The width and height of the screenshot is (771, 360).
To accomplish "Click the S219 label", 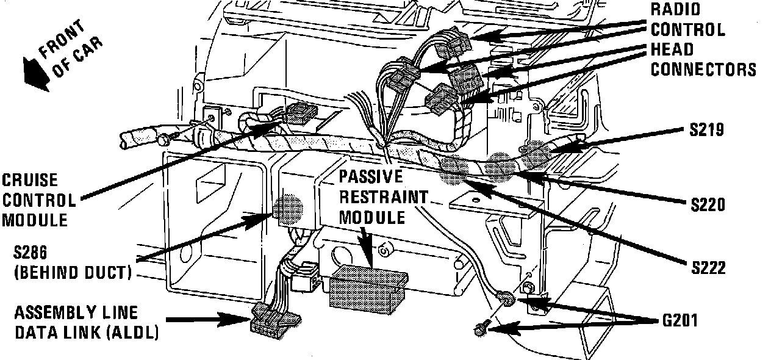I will [707, 130].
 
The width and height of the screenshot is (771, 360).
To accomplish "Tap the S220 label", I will [708, 204].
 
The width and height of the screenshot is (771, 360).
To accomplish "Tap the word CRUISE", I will [29, 181].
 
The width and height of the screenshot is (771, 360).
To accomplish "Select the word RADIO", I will [676, 10].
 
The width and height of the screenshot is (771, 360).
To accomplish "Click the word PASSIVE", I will [371, 177].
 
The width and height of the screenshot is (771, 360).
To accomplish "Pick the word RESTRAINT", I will [382, 197].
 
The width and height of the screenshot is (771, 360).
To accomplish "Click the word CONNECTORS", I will [703, 70].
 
